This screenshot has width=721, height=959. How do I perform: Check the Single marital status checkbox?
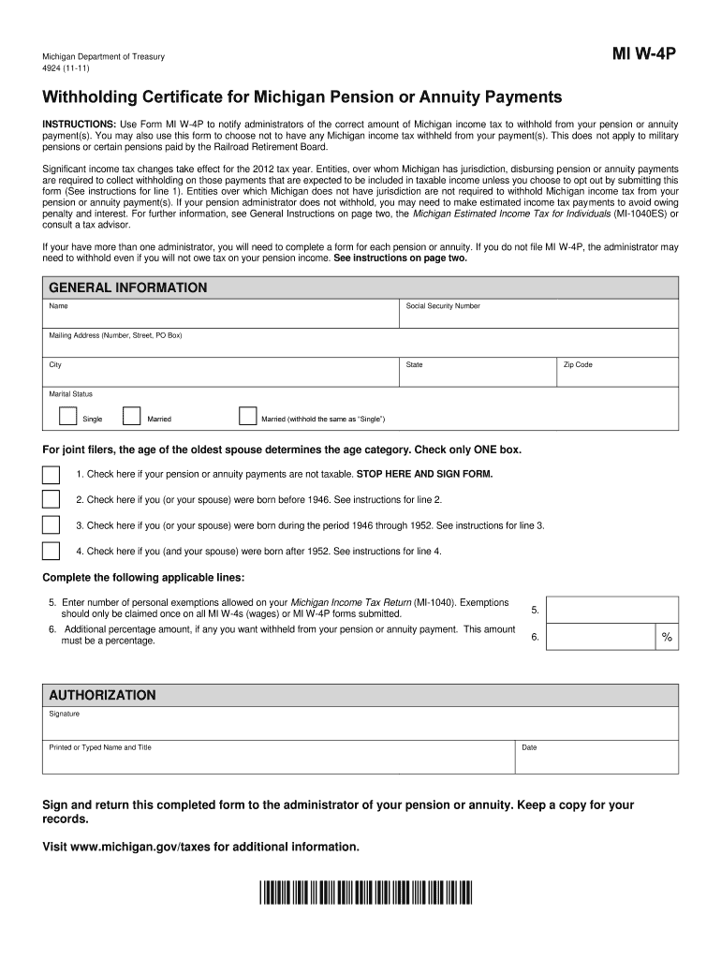[x=68, y=416]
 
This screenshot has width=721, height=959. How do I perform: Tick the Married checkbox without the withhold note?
[x=131, y=416]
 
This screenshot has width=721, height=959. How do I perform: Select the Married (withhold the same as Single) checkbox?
[x=248, y=416]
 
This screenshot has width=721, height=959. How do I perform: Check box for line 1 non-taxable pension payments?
[x=51, y=475]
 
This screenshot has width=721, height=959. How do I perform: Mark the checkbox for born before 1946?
[x=51, y=500]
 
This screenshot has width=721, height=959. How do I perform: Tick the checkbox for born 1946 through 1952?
[x=51, y=525]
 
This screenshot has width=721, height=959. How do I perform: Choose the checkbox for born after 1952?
[x=51, y=551]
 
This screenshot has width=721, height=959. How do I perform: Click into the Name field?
[x=220, y=318]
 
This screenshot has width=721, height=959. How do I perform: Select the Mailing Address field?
[x=360, y=347]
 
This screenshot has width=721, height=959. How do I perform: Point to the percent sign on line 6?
[x=667, y=637]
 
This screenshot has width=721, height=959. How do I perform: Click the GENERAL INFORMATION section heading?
[x=127, y=288]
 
